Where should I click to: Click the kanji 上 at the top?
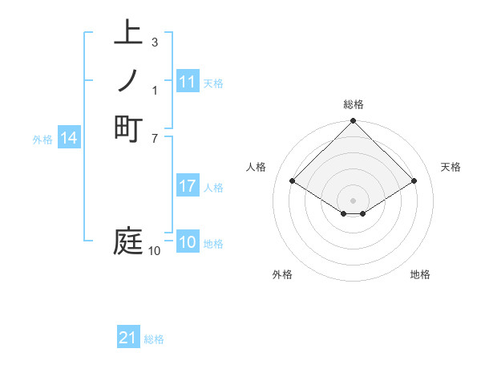[x=128, y=34]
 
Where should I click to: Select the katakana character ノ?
[x=128, y=81]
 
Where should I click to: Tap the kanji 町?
[x=128, y=128]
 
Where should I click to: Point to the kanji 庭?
[x=128, y=241]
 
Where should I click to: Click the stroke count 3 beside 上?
[x=154, y=42]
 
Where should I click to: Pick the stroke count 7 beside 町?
[x=154, y=137]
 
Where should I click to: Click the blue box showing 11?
[x=188, y=82]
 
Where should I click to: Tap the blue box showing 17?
[x=188, y=186]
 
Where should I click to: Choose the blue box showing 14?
[x=69, y=139]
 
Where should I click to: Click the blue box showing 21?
[x=128, y=338]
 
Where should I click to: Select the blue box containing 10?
[x=188, y=243]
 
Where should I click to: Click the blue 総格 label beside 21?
[x=154, y=339]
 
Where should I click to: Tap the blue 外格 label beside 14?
[x=42, y=140]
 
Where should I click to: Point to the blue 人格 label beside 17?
[x=213, y=188]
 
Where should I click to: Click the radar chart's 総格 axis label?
[x=353, y=104]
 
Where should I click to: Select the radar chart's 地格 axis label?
[x=420, y=274]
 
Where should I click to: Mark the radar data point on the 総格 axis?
[x=353, y=122]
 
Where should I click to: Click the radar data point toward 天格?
[x=414, y=181]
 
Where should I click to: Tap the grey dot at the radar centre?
[x=353, y=200]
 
